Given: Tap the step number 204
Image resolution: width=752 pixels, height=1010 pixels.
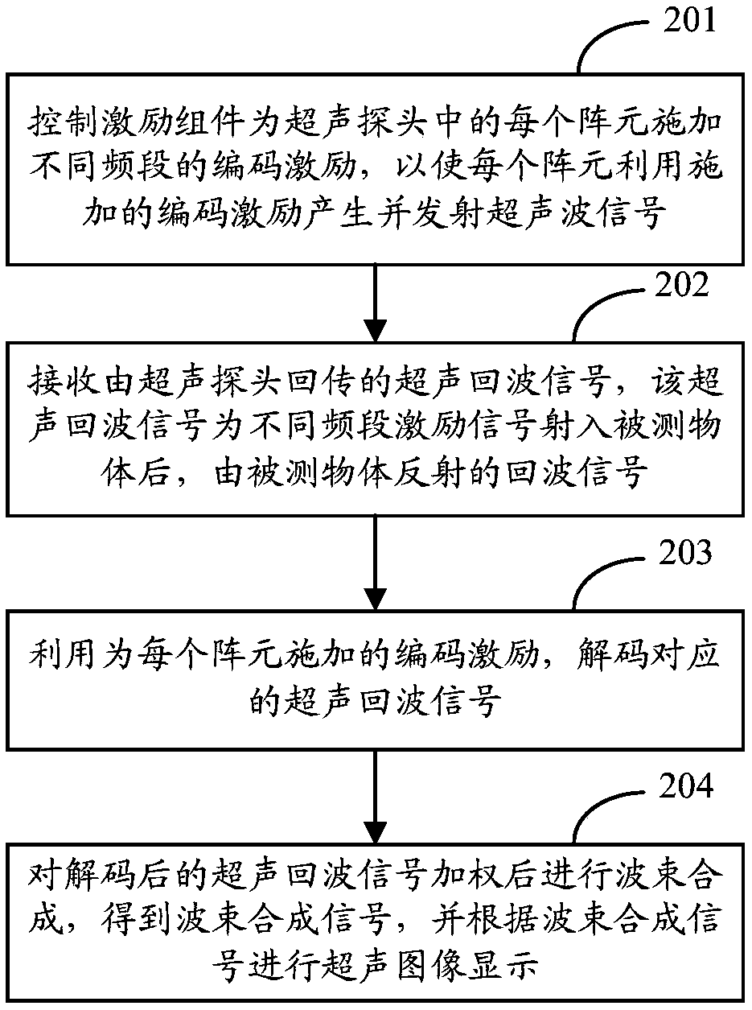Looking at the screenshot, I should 684,785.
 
